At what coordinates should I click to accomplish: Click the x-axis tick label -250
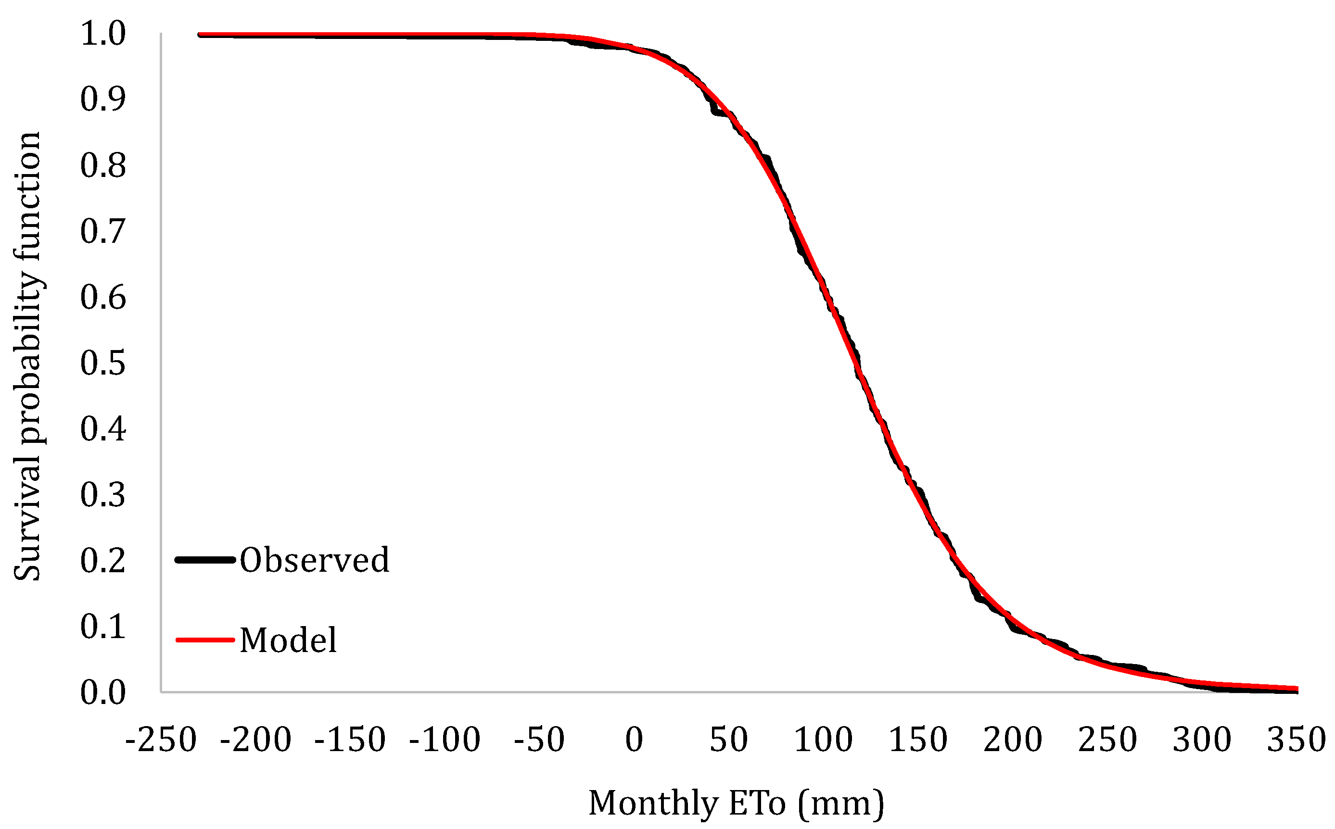(161, 740)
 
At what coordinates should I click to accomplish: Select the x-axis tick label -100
(445, 740)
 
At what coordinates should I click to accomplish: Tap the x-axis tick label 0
(634, 740)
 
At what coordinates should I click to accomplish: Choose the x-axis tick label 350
(1297, 740)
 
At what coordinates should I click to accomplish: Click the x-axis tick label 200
(1013, 740)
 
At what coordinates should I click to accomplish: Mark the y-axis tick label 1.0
(103, 34)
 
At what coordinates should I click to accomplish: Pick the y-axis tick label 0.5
(103, 363)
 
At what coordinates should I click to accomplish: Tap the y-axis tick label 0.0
(103, 692)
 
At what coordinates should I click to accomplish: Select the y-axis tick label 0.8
(103, 165)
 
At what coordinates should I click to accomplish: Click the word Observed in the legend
(314, 560)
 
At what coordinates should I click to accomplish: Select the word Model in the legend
(288, 640)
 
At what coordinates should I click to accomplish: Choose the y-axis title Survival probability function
(27, 356)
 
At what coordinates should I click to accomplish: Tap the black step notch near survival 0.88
(716, 113)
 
